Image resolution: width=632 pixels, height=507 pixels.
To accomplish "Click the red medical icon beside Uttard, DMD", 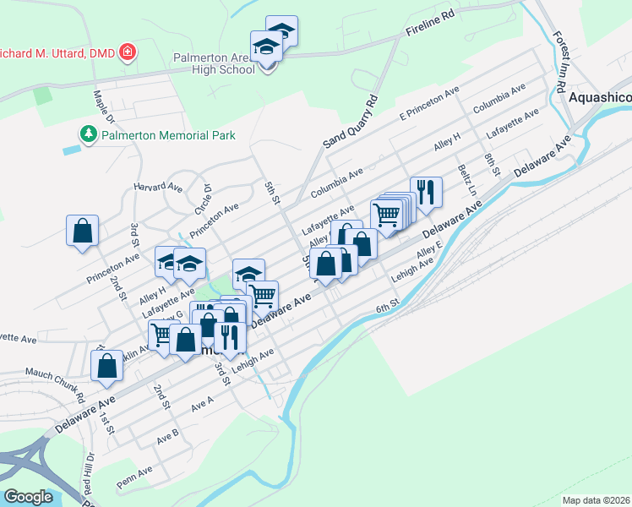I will [x=128, y=53].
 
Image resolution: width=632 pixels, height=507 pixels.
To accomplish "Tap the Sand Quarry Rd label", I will [x=350, y=123].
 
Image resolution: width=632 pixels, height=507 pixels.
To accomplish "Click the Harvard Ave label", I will [x=158, y=186].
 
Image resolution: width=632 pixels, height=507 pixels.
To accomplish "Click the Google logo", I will [x=28, y=496].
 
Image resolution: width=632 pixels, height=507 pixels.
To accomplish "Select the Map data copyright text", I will [x=597, y=500].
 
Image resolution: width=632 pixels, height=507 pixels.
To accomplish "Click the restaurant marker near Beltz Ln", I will [x=426, y=192].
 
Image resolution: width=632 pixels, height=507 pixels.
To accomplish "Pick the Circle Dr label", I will [x=203, y=199].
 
